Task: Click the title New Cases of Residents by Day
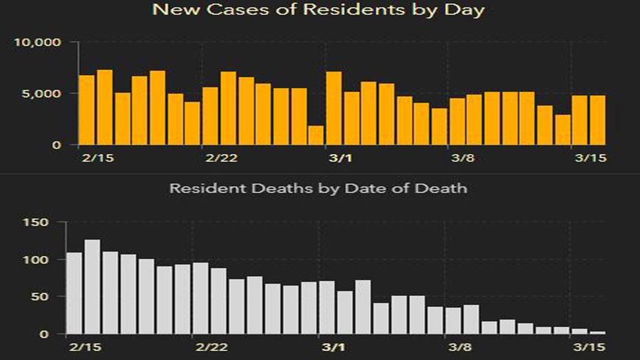click(319, 10)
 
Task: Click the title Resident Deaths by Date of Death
click(319, 187)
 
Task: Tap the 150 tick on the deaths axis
click(41, 223)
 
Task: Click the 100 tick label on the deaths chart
click(41, 260)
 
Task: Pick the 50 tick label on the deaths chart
click(45, 297)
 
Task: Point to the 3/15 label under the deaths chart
click(588, 348)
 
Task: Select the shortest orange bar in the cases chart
click(316, 135)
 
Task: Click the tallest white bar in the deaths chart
click(93, 287)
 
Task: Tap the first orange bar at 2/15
click(87, 110)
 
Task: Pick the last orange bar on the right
click(597, 120)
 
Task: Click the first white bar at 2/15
click(75, 293)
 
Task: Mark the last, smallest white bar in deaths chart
click(597, 333)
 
